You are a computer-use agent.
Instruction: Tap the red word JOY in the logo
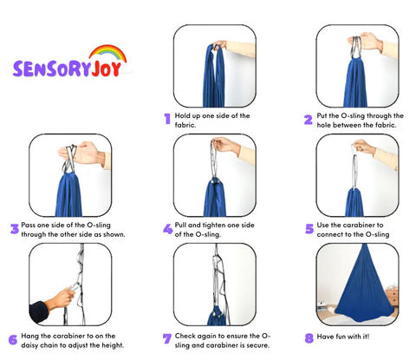(x=107, y=69)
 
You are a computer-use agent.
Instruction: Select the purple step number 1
(x=167, y=119)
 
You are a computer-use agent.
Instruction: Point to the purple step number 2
(x=309, y=120)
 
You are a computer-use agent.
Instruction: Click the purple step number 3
(x=15, y=229)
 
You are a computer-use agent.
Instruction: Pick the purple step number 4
(x=167, y=229)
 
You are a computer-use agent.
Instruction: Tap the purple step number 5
(x=309, y=229)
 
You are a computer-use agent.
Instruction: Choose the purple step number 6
(x=13, y=339)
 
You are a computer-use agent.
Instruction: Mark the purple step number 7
(x=167, y=338)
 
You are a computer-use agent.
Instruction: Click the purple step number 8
(x=309, y=337)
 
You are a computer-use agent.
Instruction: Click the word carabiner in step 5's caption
(x=358, y=225)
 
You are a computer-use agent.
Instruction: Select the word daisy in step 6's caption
(x=29, y=345)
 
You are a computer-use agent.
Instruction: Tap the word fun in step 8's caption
(x=340, y=337)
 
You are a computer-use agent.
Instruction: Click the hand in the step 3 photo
(x=82, y=154)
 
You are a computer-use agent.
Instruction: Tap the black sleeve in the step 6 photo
(x=39, y=311)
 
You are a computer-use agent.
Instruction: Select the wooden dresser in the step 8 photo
(x=392, y=297)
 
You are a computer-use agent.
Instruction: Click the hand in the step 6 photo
(x=62, y=298)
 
